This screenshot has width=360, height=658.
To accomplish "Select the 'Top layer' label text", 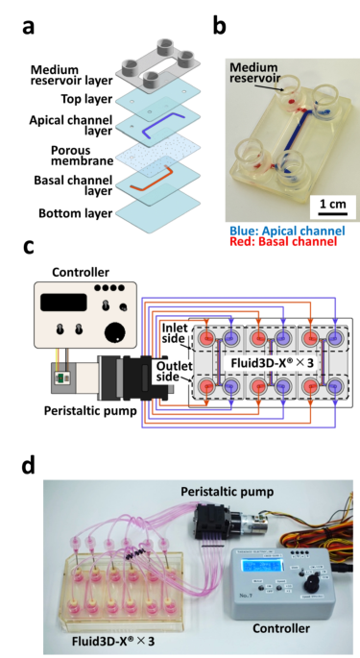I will [84, 99].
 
